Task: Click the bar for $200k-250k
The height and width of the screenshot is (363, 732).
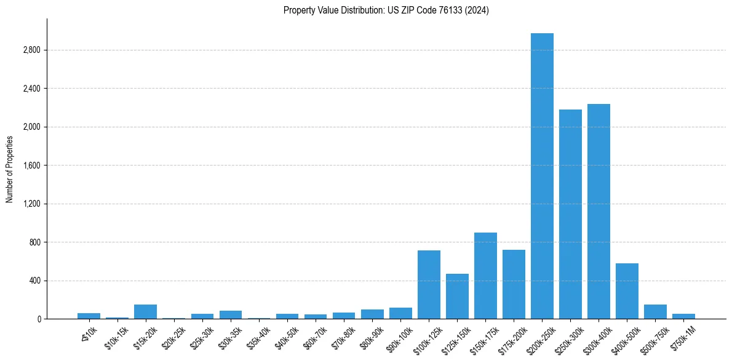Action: (x=542, y=176)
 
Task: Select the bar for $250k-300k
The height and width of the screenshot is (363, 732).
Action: (x=570, y=214)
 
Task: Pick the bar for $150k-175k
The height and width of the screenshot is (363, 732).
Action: (x=485, y=276)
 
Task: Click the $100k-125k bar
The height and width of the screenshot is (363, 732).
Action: (x=429, y=284)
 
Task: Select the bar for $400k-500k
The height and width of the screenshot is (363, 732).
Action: (x=627, y=291)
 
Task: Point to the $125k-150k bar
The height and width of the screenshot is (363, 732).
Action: (x=457, y=296)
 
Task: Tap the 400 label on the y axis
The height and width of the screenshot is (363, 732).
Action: (x=35, y=281)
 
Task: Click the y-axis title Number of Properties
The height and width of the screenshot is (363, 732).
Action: (x=9, y=169)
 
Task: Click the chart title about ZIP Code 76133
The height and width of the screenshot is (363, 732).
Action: (x=386, y=10)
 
